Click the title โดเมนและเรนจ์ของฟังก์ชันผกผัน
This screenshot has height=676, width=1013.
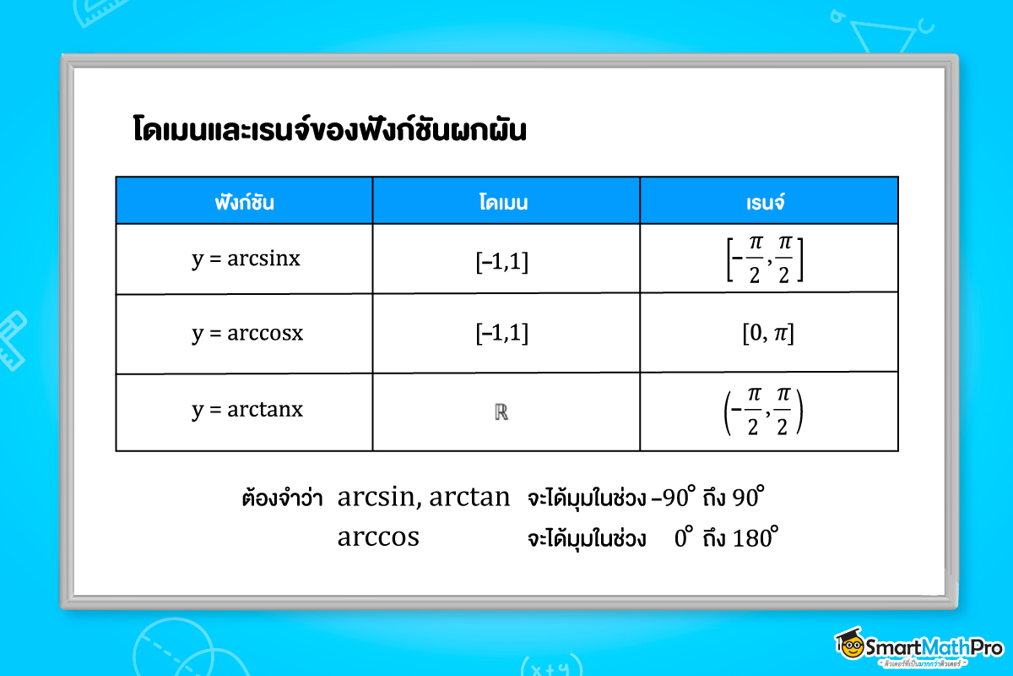330,132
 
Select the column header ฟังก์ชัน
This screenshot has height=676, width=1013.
244,201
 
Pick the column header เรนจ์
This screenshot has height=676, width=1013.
767,201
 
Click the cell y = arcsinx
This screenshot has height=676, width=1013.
246,259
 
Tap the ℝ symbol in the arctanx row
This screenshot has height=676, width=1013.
501,413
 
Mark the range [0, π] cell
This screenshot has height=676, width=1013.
767,335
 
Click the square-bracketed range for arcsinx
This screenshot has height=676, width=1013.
765,260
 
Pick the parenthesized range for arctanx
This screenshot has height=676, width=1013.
765,412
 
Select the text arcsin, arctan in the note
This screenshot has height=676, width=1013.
424,498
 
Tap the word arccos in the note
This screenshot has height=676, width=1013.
378,537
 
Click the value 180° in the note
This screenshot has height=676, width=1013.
754,537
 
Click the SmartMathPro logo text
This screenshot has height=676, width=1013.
938,647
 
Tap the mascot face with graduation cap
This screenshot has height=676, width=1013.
853,646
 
